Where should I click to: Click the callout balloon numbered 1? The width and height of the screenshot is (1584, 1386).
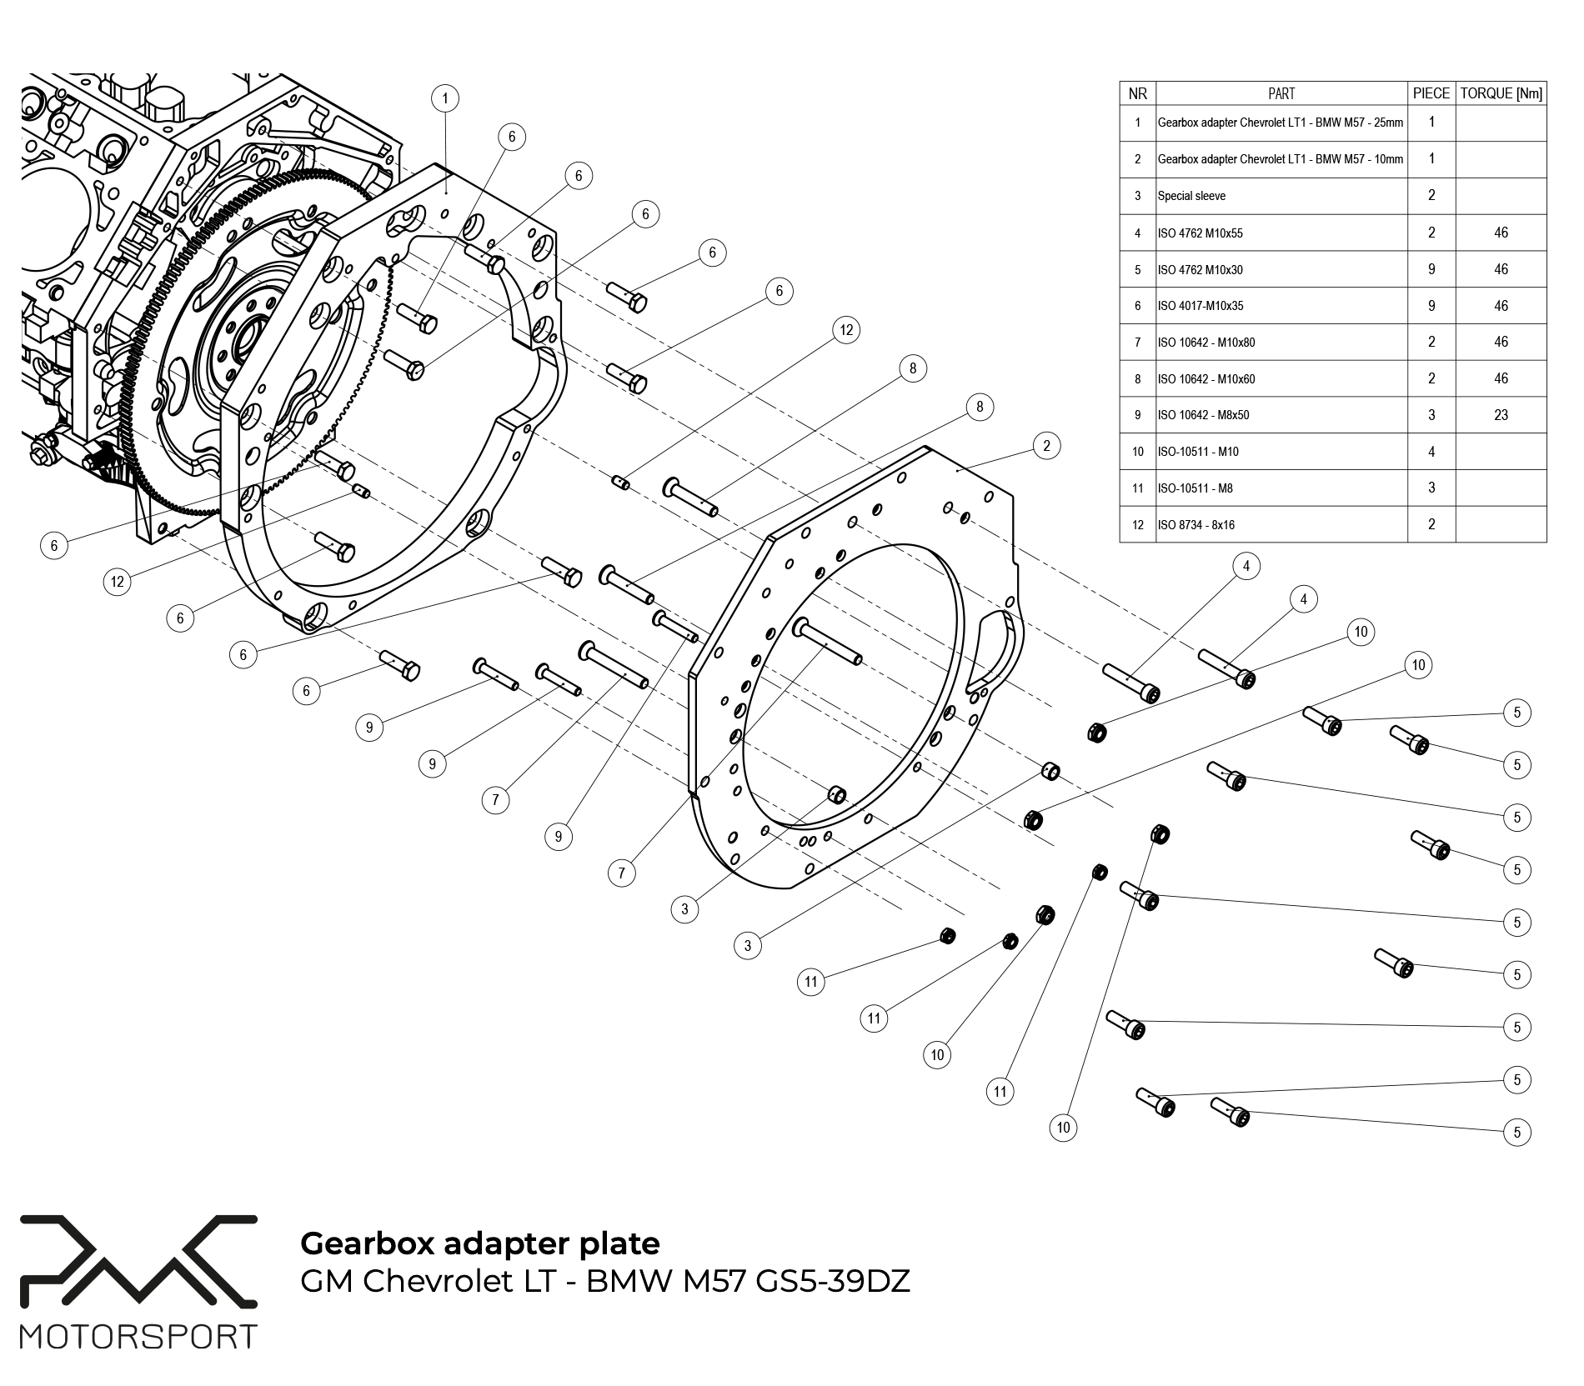[445, 99]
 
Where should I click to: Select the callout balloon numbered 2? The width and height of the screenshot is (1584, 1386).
[1046, 446]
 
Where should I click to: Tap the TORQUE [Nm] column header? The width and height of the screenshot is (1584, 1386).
[1501, 93]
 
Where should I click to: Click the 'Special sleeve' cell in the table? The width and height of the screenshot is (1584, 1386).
[1191, 197]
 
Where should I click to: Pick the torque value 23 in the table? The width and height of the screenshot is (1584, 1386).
[1501, 415]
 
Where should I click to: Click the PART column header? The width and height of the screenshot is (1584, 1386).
[1281, 93]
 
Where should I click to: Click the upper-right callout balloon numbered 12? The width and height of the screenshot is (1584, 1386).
[846, 330]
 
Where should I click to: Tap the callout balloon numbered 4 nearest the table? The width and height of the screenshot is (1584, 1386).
[1246, 567]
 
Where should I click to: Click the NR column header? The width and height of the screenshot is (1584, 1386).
[1137, 93]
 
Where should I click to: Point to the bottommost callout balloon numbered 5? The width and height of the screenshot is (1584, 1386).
[1516, 1132]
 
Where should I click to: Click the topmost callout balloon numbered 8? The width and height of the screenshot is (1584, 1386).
[913, 368]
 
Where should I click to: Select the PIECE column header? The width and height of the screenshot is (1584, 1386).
[1431, 93]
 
